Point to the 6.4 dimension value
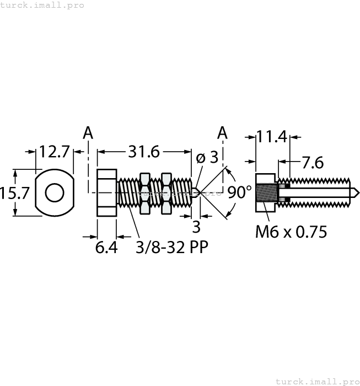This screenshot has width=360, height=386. (106, 247)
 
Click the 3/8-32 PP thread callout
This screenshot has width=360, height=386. (171, 247)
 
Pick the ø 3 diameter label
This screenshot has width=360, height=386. (207, 157)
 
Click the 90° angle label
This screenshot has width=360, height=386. (239, 192)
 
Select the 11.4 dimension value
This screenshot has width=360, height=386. (273, 136)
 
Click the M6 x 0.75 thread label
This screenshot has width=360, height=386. (291, 232)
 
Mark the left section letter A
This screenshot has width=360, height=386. (88, 132)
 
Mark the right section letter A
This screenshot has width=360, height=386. (222, 132)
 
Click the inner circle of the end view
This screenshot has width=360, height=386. (54, 192)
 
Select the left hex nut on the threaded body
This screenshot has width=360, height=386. (145, 192)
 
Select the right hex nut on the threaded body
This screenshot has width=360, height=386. (166, 192)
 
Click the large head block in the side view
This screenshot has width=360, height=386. (107, 192)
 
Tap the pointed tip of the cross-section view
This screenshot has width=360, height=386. (357, 192)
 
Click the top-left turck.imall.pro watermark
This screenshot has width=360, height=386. (42, 5)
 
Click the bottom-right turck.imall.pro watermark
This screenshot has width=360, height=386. (317, 381)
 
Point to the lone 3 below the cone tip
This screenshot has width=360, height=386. (196, 227)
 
